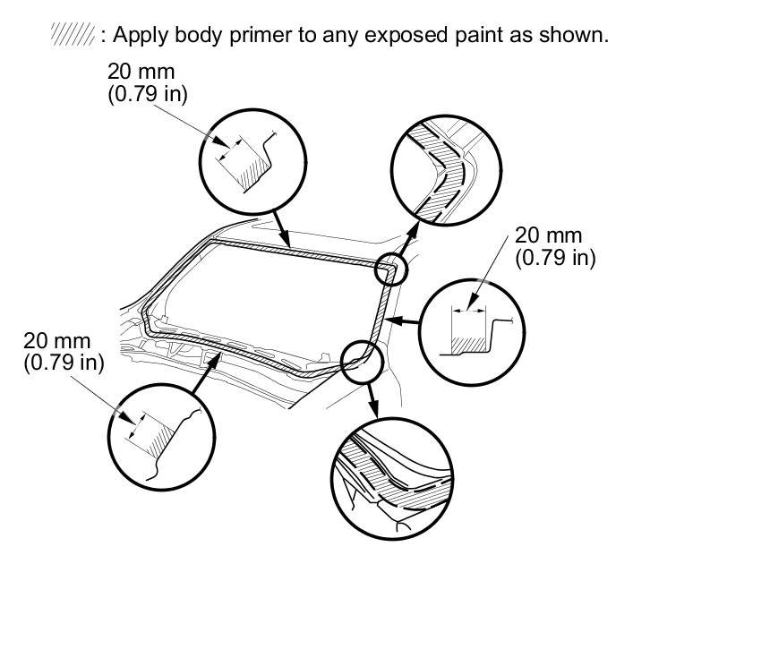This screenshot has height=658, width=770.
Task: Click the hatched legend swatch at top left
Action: (73, 36)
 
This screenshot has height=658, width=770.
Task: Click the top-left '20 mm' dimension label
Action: (141, 71)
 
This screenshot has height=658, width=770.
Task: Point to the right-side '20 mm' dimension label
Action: (549, 235)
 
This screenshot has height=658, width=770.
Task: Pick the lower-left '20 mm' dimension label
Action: (57, 341)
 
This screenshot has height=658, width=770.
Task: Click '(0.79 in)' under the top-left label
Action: (148, 93)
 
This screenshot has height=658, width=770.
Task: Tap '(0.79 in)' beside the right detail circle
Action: (556, 258)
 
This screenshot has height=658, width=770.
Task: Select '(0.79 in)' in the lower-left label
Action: (64, 363)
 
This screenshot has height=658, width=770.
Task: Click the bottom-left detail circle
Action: (161, 437)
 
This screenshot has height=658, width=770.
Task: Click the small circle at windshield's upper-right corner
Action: (391, 268)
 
